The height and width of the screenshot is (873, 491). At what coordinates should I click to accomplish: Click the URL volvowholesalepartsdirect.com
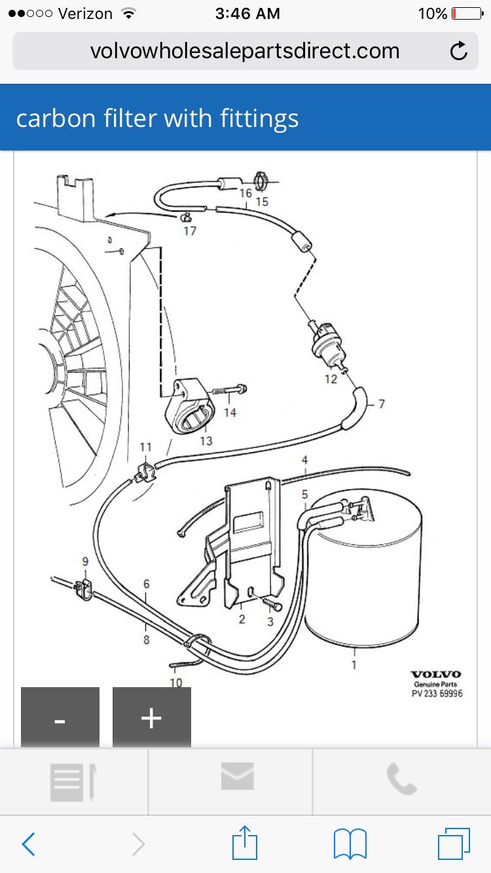point(244,51)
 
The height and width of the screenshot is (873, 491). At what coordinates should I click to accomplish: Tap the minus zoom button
point(60,718)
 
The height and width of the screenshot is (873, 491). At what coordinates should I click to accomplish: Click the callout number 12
point(331,379)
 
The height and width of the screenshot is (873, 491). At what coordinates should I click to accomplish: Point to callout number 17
point(190,231)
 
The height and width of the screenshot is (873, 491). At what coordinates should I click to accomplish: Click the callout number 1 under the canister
point(354,665)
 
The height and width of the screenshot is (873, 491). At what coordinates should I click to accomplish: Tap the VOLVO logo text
point(435,674)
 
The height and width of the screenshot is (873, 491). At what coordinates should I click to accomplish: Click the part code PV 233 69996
point(437,694)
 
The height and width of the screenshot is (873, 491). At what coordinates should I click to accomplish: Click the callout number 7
point(382,404)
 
